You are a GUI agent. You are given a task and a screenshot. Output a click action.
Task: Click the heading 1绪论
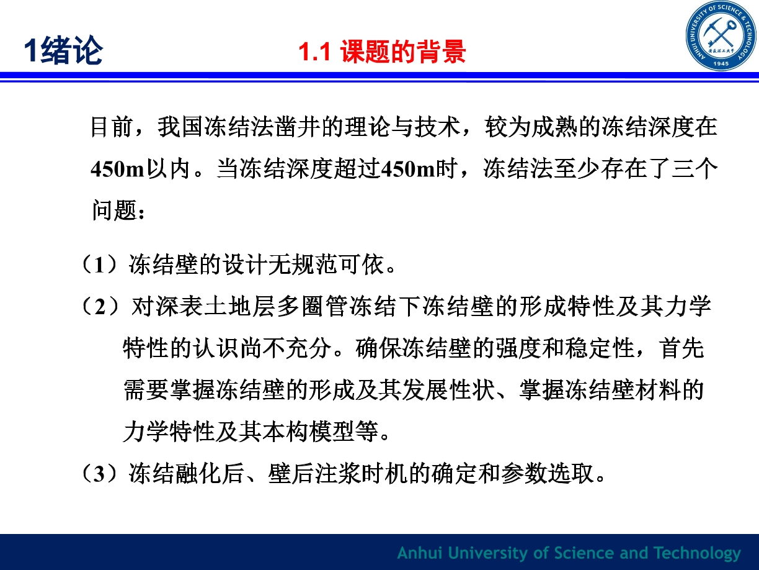click(x=64, y=50)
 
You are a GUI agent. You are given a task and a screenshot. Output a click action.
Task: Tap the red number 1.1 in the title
click(x=314, y=52)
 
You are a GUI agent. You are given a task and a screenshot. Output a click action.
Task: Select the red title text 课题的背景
click(x=403, y=52)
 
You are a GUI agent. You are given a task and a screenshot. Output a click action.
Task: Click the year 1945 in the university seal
click(x=721, y=64)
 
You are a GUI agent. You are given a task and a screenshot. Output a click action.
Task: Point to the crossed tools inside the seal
click(x=721, y=35)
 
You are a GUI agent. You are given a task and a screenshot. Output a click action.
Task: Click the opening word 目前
click(x=112, y=127)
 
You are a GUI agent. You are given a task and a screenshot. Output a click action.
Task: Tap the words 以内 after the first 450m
click(x=169, y=169)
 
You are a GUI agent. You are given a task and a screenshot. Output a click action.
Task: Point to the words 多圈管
click(x=313, y=307)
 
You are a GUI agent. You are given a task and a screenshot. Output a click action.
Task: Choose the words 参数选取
click(x=548, y=474)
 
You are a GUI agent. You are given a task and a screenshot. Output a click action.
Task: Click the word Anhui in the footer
click(x=420, y=553)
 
